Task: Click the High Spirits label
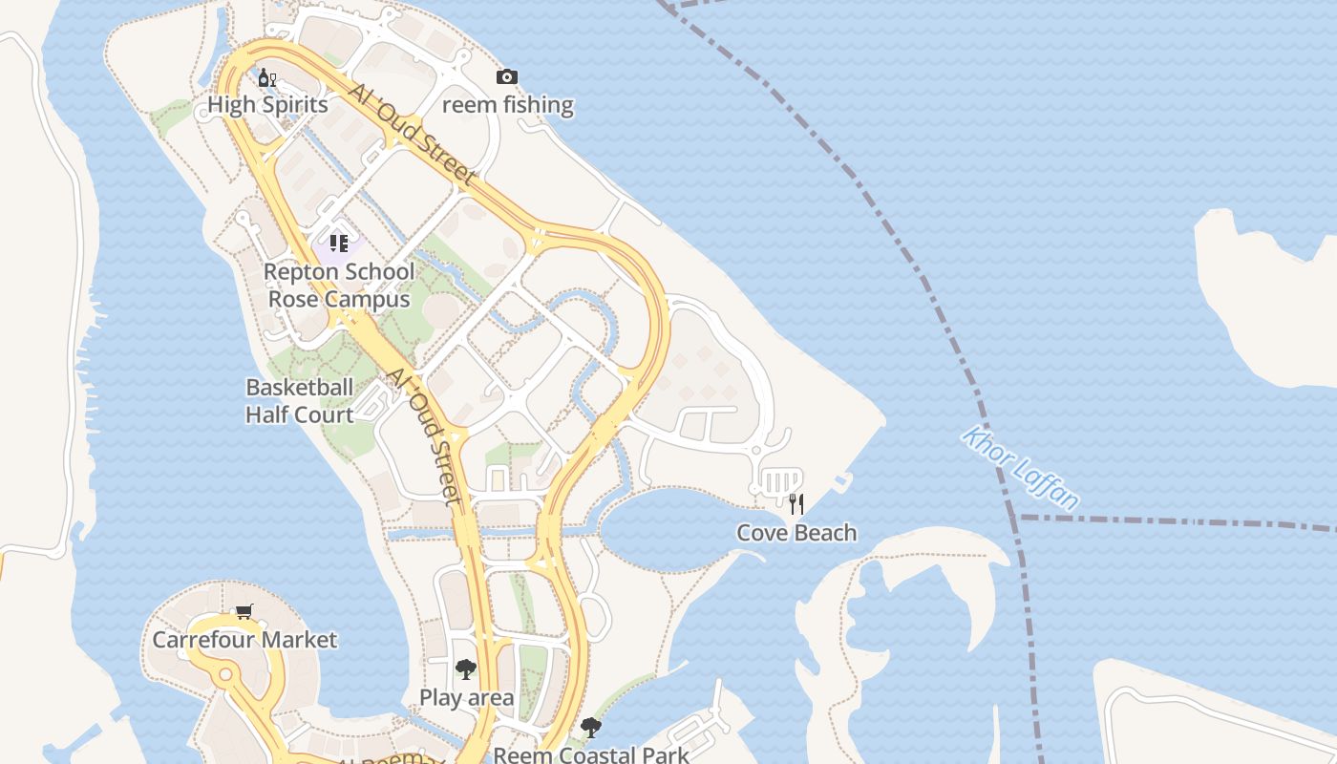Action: [267, 105]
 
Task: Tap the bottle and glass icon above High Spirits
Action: [266, 77]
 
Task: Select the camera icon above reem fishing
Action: [507, 77]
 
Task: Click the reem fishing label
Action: [507, 105]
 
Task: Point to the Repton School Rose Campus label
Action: [338, 286]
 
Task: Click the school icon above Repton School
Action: [338, 244]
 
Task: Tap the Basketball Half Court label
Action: [300, 401]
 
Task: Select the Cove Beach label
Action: [796, 533]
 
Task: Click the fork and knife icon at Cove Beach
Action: [796, 503]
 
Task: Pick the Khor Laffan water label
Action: [1021, 469]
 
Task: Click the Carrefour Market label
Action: [244, 640]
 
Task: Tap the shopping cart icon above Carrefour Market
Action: [244, 611]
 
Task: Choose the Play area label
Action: [466, 698]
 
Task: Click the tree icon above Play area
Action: [465, 668]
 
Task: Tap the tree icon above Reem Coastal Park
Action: [591, 728]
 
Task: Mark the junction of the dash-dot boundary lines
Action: [1017, 518]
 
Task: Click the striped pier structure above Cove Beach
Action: [780, 479]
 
